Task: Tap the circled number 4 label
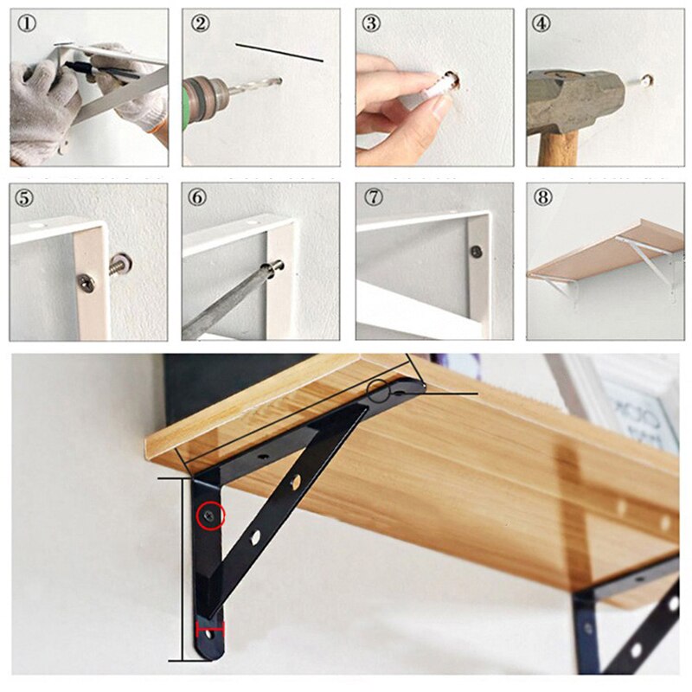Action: coord(542,23)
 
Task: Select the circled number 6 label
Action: coord(199,197)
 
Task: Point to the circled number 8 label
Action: coord(543,197)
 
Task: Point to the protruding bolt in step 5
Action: coord(120,260)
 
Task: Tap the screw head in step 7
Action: coord(475,252)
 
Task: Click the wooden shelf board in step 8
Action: coord(605,247)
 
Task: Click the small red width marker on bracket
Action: coord(210,628)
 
